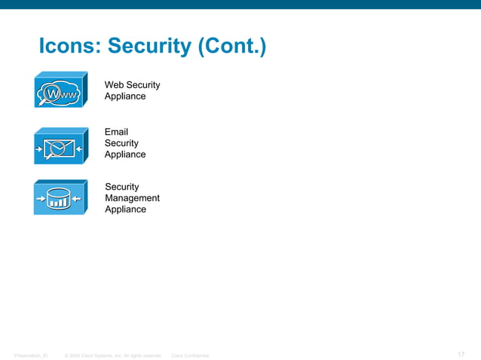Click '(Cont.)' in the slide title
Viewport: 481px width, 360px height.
click(x=231, y=47)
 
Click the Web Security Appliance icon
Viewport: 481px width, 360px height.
click(x=58, y=91)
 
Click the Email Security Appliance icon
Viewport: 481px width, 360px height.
click(x=58, y=145)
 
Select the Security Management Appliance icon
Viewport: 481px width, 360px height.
click(x=58, y=197)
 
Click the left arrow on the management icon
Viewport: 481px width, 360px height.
click(x=41, y=200)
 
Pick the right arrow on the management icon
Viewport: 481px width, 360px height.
click(x=77, y=200)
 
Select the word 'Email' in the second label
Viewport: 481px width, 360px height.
click(x=117, y=132)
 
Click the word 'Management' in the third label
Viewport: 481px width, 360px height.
click(x=132, y=198)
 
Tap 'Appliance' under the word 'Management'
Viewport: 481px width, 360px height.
click(x=125, y=209)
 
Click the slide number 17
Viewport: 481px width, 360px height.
click(x=461, y=355)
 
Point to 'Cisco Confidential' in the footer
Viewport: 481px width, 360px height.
click(x=191, y=355)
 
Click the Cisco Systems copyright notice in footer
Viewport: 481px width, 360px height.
click(x=113, y=355)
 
